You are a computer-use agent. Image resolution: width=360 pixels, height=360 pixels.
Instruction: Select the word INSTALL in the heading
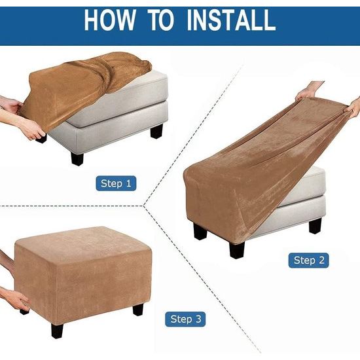pos(231,20)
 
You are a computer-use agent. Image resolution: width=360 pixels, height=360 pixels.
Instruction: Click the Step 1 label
pos(116,183)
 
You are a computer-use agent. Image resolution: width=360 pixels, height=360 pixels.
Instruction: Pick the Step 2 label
pos(309,260)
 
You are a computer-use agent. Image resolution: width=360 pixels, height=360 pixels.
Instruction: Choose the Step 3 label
pos(185,319)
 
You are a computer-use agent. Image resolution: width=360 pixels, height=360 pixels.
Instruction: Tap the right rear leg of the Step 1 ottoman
pos(157,131)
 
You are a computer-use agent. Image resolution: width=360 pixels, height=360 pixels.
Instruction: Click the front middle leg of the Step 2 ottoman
pos(237,250)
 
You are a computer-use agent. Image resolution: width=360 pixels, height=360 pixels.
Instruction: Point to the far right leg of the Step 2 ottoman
pos(315,225)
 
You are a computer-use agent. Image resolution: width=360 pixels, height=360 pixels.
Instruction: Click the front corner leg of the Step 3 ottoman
pos(57,331)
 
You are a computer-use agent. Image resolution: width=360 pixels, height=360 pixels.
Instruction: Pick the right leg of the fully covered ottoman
pos(138,309)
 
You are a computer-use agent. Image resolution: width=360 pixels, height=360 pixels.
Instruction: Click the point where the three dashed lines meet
pos(144,205)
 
